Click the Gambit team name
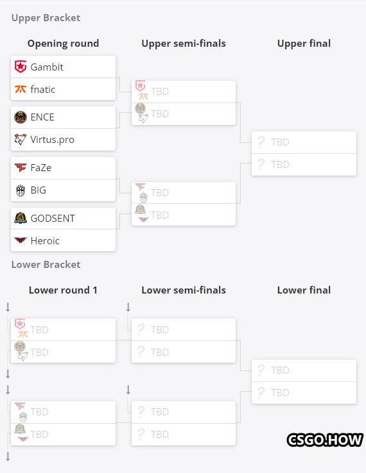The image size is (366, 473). coord(47,67)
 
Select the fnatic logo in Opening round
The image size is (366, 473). coord(21,89)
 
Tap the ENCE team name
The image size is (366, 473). coord(42,117)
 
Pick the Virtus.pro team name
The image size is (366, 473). coord(52,140)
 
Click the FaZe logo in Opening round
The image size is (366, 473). coord(21,167)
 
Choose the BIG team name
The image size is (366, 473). coord(39,190)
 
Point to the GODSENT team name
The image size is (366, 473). coord(53,218)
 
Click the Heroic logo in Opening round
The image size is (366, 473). coord(21,240)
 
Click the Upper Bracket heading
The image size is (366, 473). coord(46,18)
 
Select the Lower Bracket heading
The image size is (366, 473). coord(46,265)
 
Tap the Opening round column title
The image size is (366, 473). coord(63,44)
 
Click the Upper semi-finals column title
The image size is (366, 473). coord(184,44)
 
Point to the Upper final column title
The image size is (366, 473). coord(304,44)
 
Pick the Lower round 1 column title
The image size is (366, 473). coord(63,290)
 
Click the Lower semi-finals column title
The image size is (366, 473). coord(184,290)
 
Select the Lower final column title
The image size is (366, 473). coord(304,290)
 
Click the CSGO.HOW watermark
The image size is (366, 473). coord(325,440)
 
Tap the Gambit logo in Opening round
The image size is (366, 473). coord(21,67)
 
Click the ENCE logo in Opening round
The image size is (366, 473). coord(21,117)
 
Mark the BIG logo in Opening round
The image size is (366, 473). coord(21,190)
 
